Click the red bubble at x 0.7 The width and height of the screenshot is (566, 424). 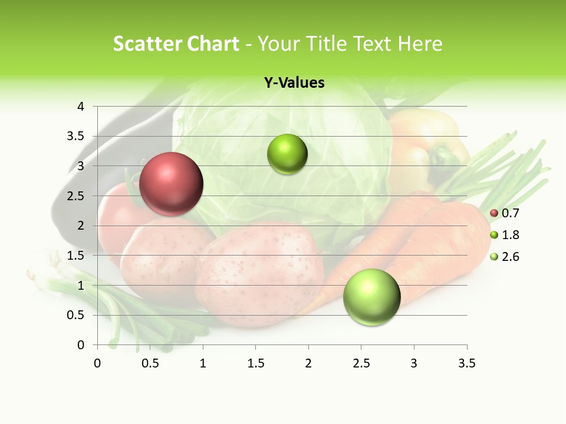[x=171, y=184]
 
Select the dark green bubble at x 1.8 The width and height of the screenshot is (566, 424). [x=287, y=154]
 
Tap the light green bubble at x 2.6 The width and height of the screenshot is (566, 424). [x=371, y=297]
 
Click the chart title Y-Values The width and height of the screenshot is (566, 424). [x=294, y=83]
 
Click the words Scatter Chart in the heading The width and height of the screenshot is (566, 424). [x=176, y=44]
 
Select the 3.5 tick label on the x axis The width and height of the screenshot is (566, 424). [x=466, y=363]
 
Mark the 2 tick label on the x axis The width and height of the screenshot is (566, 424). [x=308, y=363]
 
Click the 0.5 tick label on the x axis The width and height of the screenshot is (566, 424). [x=150, y=363]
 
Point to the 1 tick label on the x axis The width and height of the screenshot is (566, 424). [x=203, y=363]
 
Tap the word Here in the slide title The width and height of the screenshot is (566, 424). [x=420, y=44]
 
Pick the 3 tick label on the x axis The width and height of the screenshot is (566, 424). [x=414, y=363]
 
